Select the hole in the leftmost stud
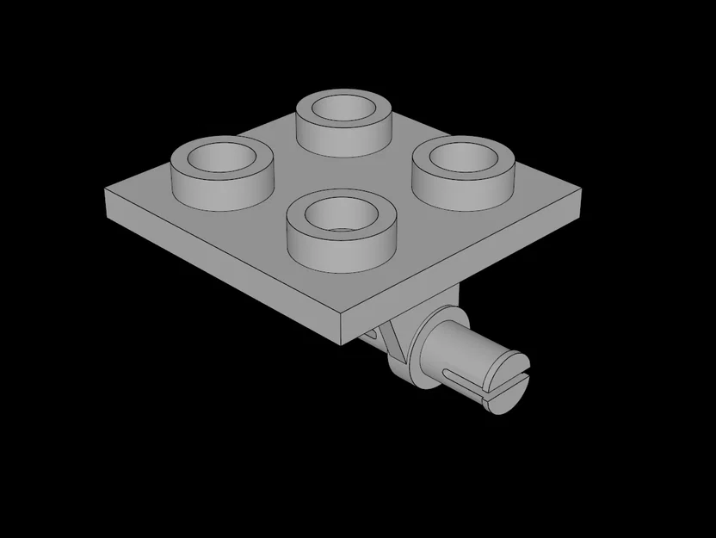pyautogui.click(x=221, y=158)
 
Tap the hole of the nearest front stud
pyautogui.click(x=337, y=213)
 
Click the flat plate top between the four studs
pyautogui.click(x=344, y=168)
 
